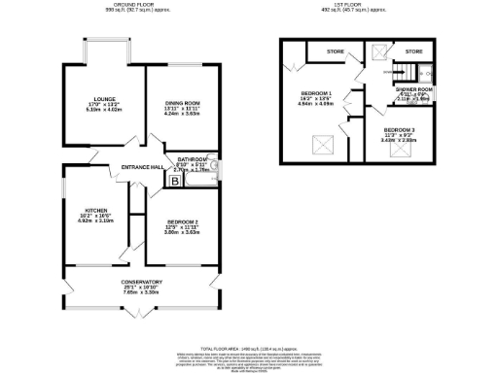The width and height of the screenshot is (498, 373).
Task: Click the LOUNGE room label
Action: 104,99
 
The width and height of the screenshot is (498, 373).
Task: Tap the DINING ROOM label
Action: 182,103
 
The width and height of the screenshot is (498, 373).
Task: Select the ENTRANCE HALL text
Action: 142,167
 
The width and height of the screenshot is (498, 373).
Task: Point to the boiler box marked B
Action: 175,180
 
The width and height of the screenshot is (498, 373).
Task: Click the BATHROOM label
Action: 192,158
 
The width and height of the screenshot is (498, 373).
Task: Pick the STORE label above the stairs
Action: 414,51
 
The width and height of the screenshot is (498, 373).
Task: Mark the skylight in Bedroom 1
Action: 319,147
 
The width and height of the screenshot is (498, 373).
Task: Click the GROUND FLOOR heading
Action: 134,6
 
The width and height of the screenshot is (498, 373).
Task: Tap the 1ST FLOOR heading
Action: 358,6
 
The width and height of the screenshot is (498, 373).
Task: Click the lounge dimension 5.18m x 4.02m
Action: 104,110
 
